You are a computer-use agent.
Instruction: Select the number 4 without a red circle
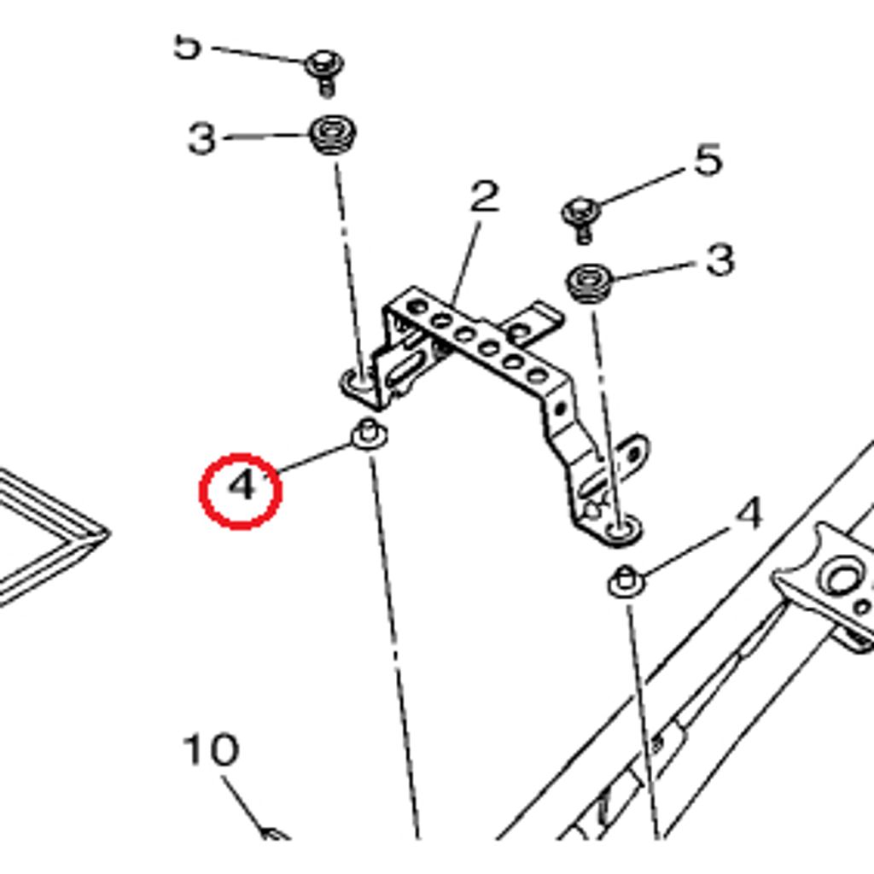point(749,515)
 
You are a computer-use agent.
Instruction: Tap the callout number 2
point(484,198)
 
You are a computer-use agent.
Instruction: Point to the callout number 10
point(210,751)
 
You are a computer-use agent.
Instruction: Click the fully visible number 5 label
point(708,160)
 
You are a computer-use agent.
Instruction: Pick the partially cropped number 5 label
point(187,47)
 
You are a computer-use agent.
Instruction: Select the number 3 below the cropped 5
point(201,139)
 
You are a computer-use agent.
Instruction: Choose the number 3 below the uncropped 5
point(720,260)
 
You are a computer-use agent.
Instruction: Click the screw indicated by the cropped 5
point(324,68)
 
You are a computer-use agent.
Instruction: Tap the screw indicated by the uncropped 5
point(581,214)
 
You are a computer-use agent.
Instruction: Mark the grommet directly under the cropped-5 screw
point(331,136)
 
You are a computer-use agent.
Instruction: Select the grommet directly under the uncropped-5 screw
point(589,283)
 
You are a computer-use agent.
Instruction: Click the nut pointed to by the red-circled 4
point(369,434)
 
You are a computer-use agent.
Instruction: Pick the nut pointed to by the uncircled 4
point(626,582)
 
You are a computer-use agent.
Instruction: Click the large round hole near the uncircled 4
point(842,579)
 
